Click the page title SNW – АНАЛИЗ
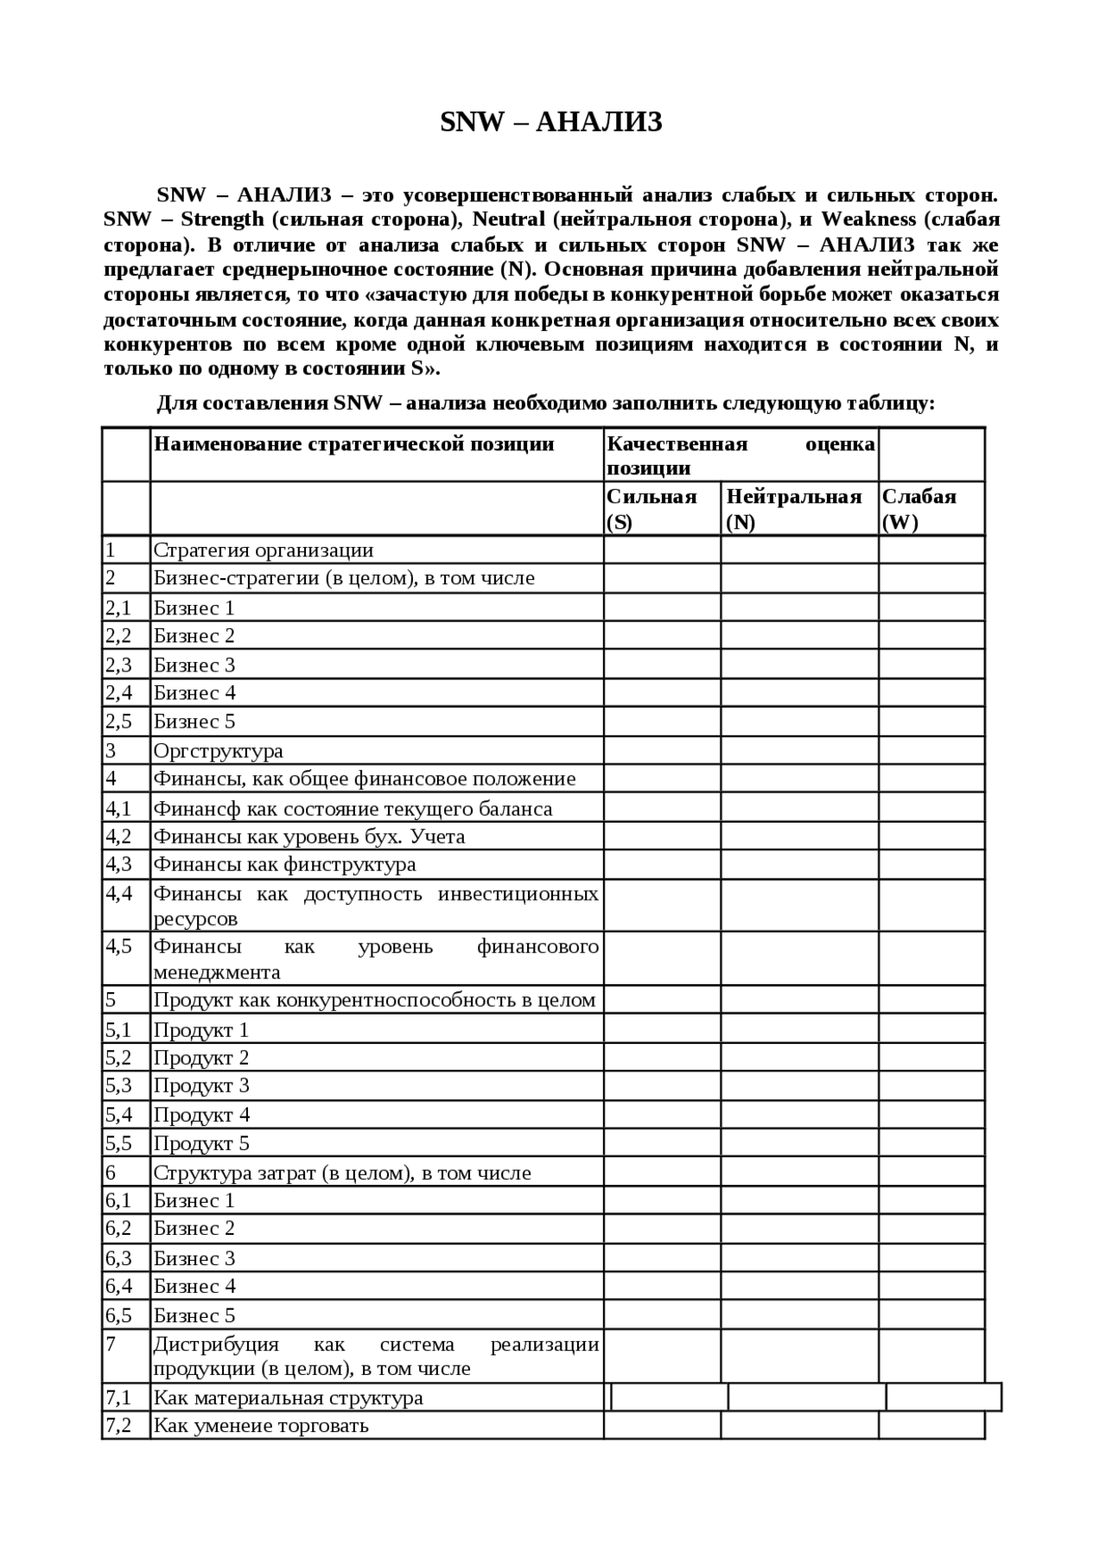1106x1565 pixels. click(551, 123)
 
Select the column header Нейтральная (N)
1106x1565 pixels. click(793, 509)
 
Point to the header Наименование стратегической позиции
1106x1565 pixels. click(353, 444)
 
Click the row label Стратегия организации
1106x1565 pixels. click(264, 550)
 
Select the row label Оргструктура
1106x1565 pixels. click(218, 751)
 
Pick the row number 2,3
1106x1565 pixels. click(118, 665)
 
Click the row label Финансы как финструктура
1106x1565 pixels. click(284, 864)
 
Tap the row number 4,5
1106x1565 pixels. click(118, 946)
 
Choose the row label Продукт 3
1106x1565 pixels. click(201, 1085)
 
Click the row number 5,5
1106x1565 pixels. click(118, 1143)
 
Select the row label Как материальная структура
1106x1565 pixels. click(288, 1397)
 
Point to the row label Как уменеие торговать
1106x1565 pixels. click(261, 1425)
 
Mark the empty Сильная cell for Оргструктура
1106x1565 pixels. click(662, 750)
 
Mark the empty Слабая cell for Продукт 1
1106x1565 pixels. click(931, 1029)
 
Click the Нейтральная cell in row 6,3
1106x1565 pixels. click(799, 1257)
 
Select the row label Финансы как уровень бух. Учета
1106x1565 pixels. click(309, 837)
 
